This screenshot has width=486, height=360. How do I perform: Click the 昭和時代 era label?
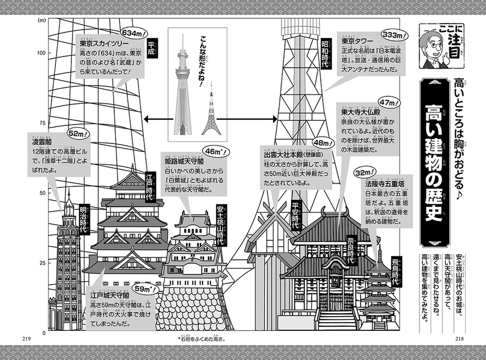coord(325,53)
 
